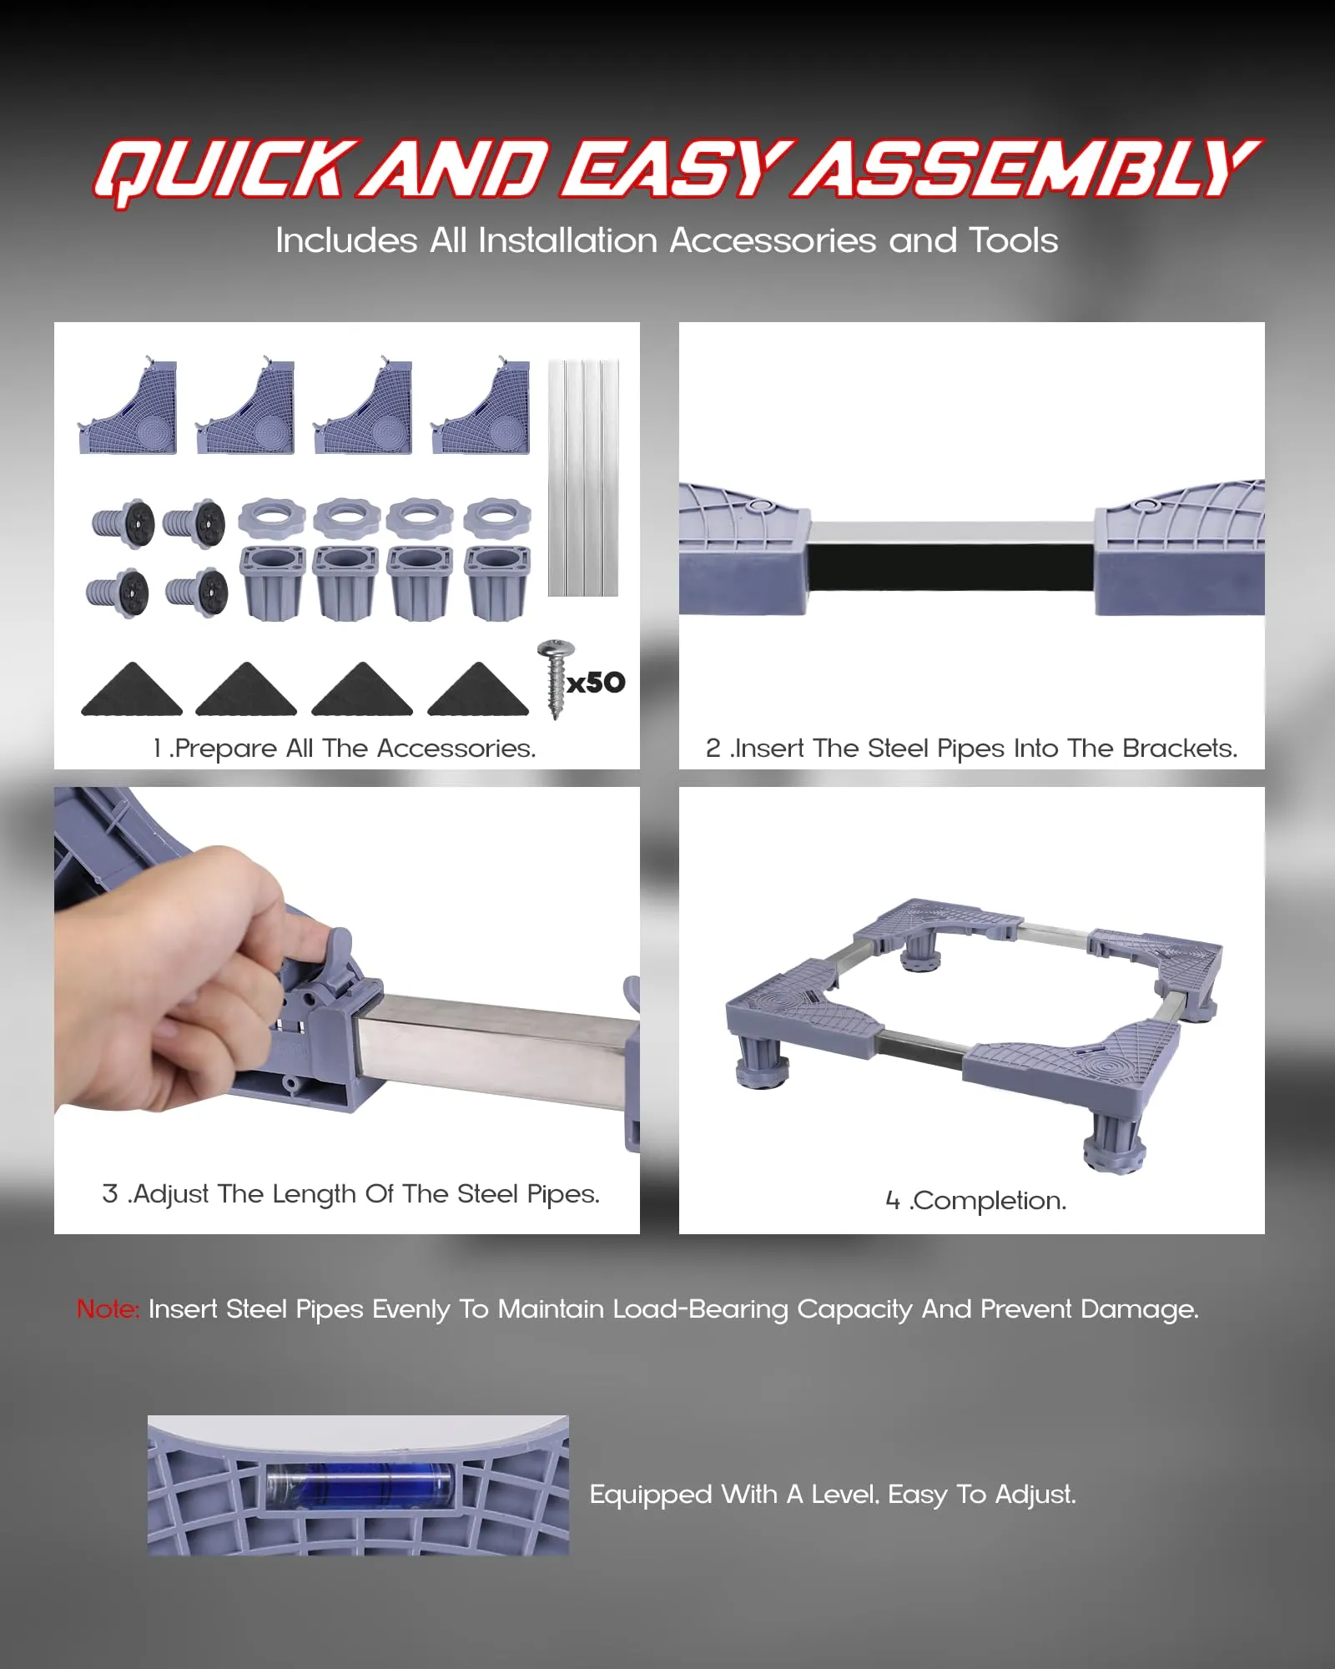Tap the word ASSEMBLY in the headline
click(x=1027, y=169)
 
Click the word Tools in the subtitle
click(x=1014, y=240)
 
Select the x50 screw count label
click(x=596, y=683)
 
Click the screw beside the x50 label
click(x=555, y=678)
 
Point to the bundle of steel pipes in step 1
click(x=583, y=477)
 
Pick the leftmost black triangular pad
click(x=132, y=689)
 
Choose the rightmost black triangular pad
click(x=478, y=689)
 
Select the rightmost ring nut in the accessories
click(x=497, y=517)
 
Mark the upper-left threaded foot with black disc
click(x=123, y=524)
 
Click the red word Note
click(x=108, y=1308)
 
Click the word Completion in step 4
click(x=988, y=1201)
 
